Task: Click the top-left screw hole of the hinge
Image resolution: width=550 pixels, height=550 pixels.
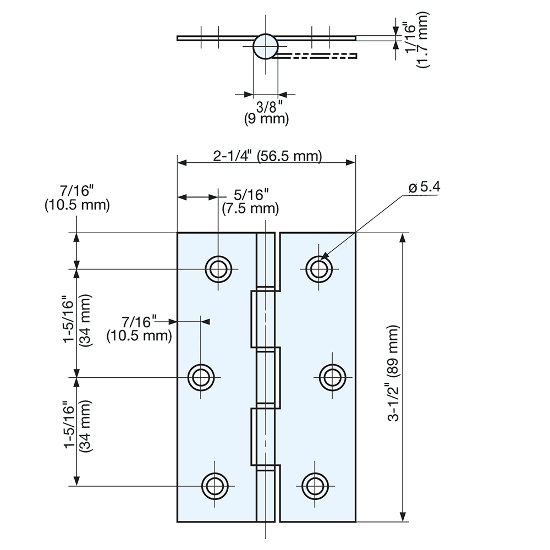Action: [218, 269]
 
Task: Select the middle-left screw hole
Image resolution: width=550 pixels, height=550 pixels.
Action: [201, 377]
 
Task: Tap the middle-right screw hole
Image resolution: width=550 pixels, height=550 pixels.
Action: [332, 377]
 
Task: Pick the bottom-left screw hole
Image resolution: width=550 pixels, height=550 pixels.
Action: [215, 486]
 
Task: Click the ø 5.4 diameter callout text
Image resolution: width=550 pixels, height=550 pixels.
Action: [424, 187]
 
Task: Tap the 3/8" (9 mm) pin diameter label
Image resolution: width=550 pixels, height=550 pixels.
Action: [266, 112]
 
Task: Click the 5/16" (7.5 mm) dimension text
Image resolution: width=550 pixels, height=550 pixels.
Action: [250, 201]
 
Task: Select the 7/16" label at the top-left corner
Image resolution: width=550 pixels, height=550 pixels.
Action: [77, 197]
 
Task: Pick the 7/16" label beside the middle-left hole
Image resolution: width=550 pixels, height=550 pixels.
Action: [139, 328]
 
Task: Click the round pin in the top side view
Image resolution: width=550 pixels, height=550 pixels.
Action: [265, 46]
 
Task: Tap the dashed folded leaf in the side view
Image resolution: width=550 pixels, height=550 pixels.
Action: [316, 56]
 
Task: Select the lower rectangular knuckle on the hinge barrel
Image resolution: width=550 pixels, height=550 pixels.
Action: [265, 437]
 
